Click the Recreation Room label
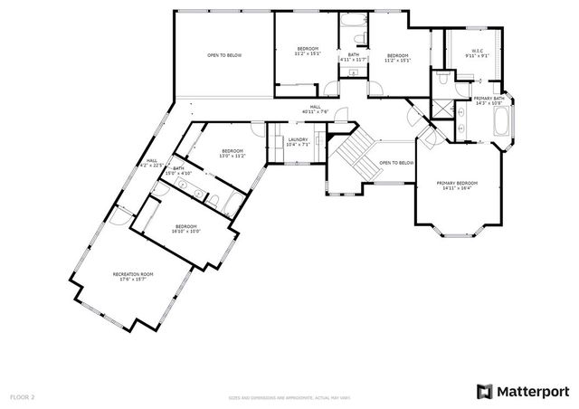tap(133, 277)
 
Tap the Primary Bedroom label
tap(457, 185)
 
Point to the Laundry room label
tap(298, 142)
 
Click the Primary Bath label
tap(489, 100)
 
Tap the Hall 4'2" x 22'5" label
tap(152, 163)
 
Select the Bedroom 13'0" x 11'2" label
tap(233, 154)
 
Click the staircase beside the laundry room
tap(352, 151)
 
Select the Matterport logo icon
tap(484, 391)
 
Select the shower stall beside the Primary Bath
tap(441, 109)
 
